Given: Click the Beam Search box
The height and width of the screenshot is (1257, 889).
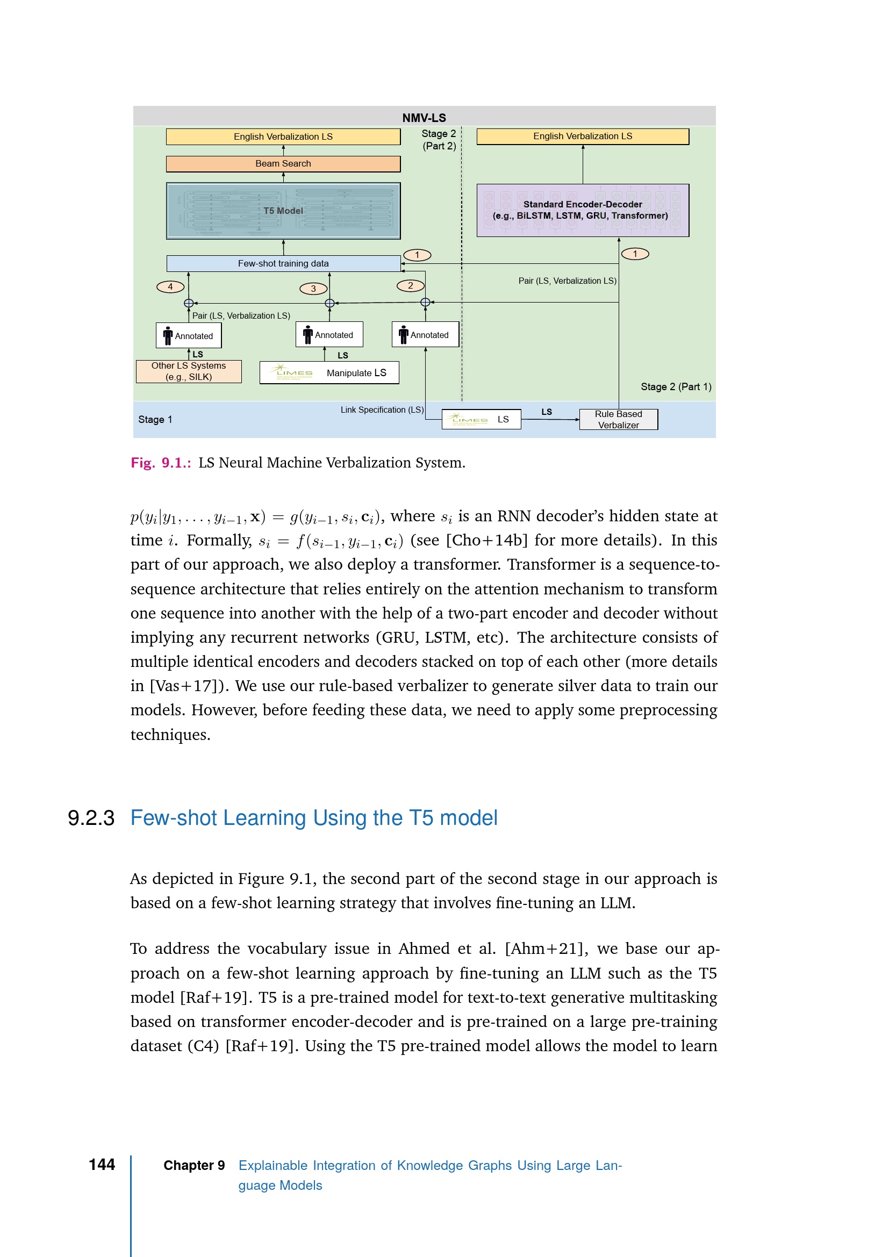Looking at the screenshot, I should (x=283, y=164).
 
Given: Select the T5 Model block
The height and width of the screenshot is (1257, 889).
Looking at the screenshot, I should (x=283, y=211).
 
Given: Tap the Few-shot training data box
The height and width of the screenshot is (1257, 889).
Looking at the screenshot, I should (x=283, y=263).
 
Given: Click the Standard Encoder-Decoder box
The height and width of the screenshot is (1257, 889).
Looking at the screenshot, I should (x=583, y=210).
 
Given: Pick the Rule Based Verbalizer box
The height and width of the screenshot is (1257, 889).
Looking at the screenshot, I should (x=618, y=419).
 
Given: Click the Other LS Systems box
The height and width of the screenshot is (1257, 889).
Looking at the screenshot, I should (x=188, y=371).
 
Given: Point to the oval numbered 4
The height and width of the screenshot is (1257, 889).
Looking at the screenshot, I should (x=170, y=286).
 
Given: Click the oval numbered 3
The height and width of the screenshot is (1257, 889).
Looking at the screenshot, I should (x=313, y=289).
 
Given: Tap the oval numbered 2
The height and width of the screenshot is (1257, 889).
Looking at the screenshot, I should (x=411, y=285).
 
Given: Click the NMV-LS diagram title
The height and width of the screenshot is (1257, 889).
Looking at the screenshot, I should (x=424, y=118).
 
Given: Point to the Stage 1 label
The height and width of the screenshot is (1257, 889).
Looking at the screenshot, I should (x=155, y=419).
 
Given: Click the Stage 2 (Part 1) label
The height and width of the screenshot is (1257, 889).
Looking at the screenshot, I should (x=676, y=386).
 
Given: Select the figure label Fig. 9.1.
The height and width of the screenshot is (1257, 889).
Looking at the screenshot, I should (x=160, y=463).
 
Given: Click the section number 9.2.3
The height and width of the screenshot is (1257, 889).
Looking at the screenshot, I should (x=91, y=818).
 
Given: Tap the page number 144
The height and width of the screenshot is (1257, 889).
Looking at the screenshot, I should (x=102, y=1165).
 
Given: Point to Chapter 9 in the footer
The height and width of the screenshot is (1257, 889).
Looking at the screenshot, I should (x=194, y=1165).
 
